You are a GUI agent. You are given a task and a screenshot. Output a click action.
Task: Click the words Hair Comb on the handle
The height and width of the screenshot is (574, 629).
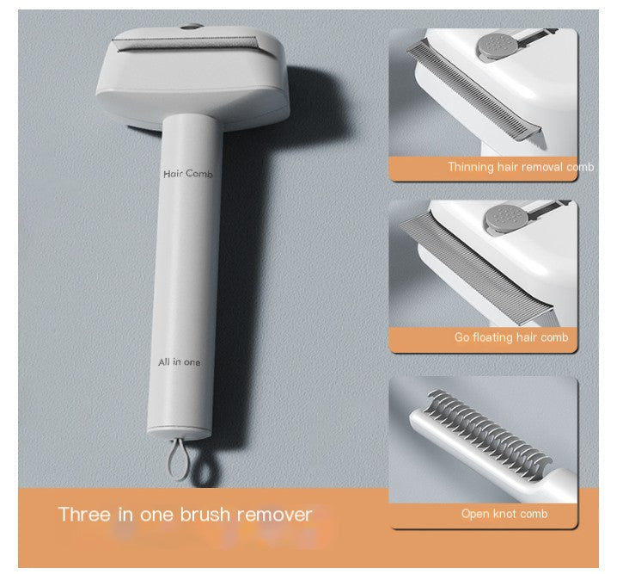pos(187,174)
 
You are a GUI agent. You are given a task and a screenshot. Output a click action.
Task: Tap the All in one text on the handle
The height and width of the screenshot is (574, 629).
pos(179,362)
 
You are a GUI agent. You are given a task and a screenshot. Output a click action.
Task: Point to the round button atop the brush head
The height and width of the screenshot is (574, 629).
pos(192,27)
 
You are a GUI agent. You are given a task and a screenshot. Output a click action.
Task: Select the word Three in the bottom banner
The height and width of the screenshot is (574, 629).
pos(84,514)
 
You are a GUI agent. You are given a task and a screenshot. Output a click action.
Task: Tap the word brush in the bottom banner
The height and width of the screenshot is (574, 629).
pos(205,514)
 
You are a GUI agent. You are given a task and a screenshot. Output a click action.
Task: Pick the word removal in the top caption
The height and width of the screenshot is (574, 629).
pos(547,167)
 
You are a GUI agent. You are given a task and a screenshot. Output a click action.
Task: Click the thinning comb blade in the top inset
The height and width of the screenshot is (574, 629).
pos(474,90)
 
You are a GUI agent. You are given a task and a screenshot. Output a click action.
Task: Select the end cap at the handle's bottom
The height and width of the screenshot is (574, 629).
pos(180,433)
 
